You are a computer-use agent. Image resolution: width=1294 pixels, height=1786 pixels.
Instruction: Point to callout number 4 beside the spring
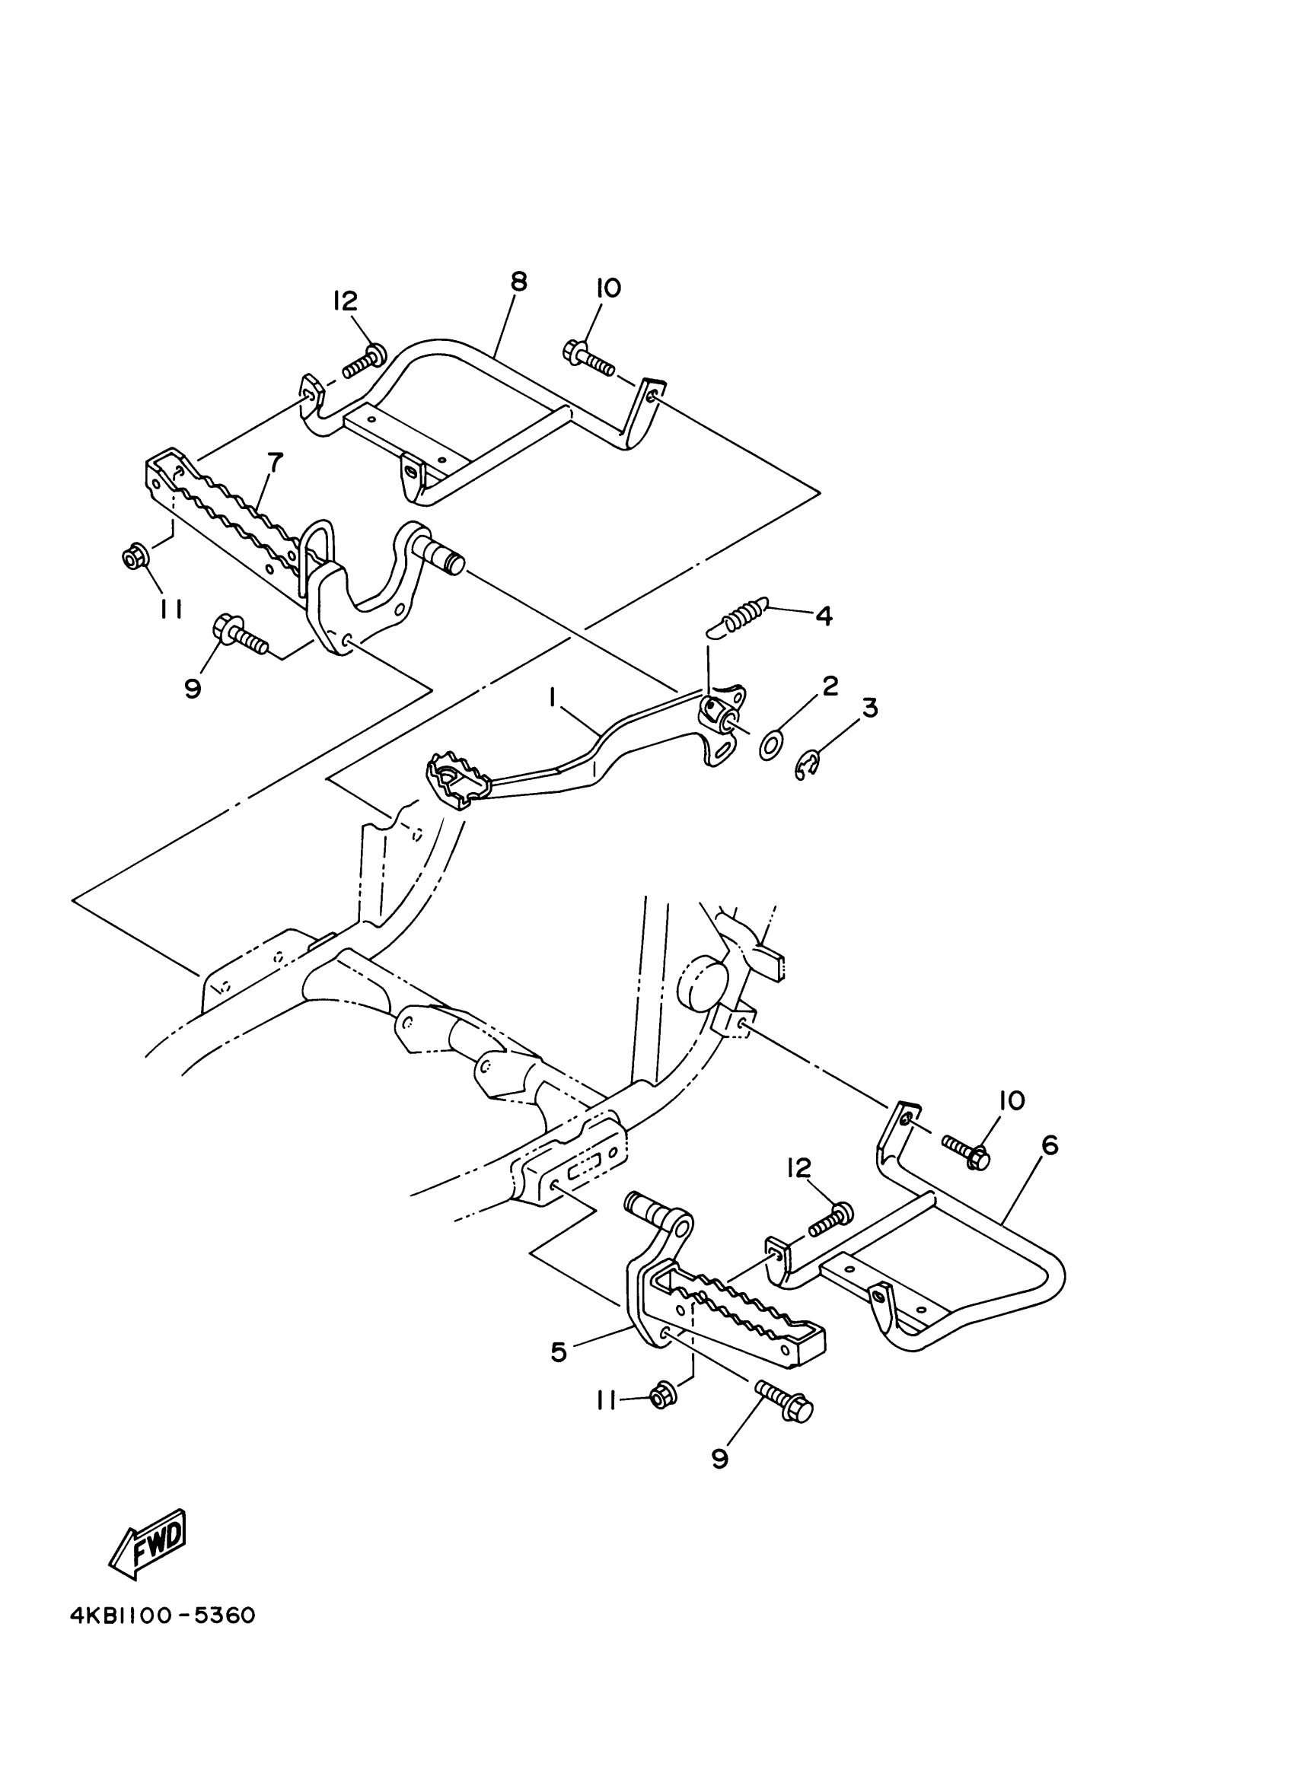tap(823, 615)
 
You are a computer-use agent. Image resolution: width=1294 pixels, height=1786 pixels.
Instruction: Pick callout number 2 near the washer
tap(830, 686)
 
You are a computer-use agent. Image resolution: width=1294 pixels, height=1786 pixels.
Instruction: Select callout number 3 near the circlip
tap(869, 708)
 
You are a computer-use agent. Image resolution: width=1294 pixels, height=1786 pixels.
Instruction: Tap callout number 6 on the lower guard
tap(1049, 1146)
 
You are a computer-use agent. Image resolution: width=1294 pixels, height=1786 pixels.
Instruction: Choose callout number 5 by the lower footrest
tap(559, 1351)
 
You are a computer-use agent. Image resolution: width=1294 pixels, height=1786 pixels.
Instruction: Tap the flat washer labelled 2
tap(770, 744)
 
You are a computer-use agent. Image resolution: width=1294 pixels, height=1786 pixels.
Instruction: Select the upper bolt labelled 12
tap(363, 361)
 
